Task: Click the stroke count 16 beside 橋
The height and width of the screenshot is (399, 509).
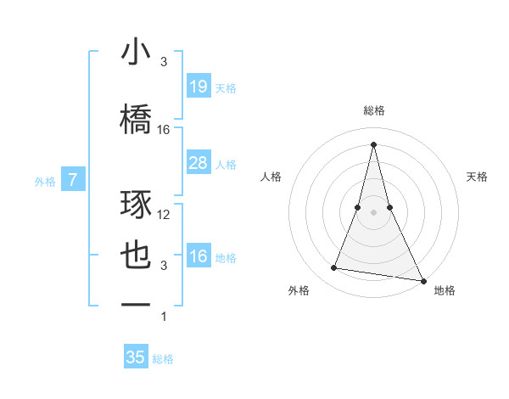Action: pos(164,130)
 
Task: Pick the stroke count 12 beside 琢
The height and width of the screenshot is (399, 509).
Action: pos(164,215)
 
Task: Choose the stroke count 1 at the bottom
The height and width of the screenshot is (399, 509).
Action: pos(164,317)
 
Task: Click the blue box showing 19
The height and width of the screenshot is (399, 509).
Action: pos(198,86)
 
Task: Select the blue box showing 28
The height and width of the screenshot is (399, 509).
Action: pos(198,162)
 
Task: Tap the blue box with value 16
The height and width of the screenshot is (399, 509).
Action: pos(198,256)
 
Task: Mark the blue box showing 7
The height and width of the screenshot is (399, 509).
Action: pos(74,179)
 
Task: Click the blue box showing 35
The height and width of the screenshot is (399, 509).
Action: pos(136,357)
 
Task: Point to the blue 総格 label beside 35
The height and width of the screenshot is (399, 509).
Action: pos(163,359)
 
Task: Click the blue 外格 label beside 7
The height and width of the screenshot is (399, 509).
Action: pos(45,181)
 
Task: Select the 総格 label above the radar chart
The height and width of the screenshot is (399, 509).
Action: pos(374,110)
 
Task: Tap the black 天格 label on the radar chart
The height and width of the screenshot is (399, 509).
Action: pos(478,177)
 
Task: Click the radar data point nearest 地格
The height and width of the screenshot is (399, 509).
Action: pos(423,280)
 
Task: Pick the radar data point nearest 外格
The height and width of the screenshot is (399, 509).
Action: pos(334,268)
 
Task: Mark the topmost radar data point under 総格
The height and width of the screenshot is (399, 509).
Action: pos(374,143)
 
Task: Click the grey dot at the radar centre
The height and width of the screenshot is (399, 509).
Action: pos(374,211)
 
